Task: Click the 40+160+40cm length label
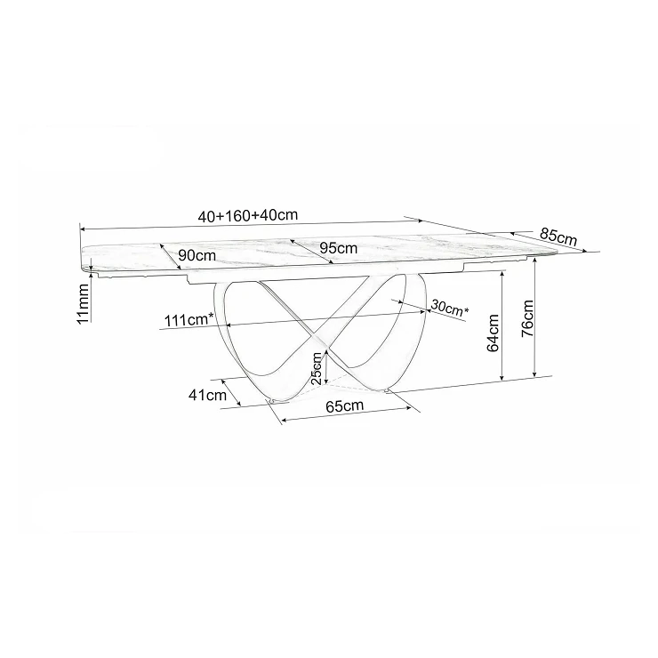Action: click(x=247, y=215)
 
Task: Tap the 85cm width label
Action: click(x=558, y=237)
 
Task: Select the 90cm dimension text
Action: click(x=197, y=255)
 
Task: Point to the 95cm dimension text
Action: click(x=339, y=248)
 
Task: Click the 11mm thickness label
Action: click(x=83, y=303)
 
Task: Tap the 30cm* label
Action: click(x=449, y=309)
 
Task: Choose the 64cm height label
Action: click(x=493, y=333)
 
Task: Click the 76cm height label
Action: click(x=527, y=318)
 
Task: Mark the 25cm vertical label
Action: click(x=317, y=368)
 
